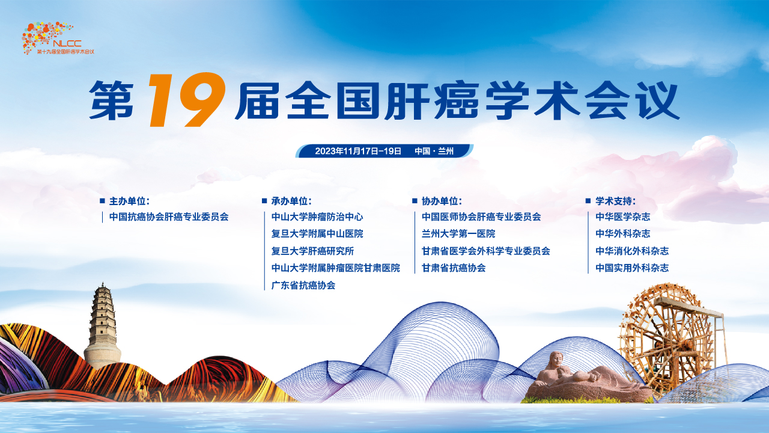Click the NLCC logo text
click(x=67, y=43)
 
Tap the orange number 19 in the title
click(x=187, y=99)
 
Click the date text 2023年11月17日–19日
click(x=358, y=151)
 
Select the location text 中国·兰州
click(x=434, y=151)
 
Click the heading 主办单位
click(x=129, y=201)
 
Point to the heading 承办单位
click(x=291, y=201)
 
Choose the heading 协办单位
click(x=442, y=201)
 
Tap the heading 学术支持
click(x=616, y=201)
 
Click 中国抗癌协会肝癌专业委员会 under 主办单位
click(x=169, y=217)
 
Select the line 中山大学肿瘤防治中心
click(x=317, y=217)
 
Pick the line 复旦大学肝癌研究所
click(x=312, y=251)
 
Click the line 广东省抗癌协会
click(x=303, y=285)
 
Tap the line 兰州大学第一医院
click(x=458, y=234)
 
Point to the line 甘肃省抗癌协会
click(x=454, y=268)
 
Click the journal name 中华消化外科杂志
click(x=632, y=251)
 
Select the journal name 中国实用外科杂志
click(x=632, y=268)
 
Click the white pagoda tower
click(x=102, y=327)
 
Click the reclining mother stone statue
click(x=587, y=378)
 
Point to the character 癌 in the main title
click(x=457, y=100)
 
